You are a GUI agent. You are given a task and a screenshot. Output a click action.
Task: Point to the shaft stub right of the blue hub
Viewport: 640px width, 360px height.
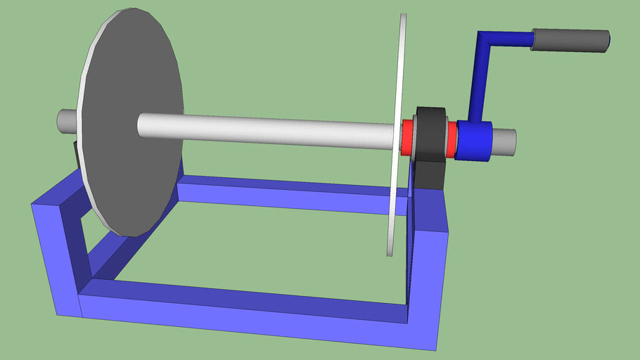pyautogui.click(x=505, y=141)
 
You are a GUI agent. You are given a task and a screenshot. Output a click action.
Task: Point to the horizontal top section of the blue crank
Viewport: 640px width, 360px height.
pyautogui.click(x=506, y=39)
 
